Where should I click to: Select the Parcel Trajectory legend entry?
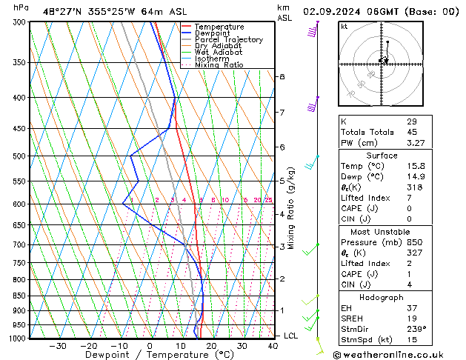(228, 40)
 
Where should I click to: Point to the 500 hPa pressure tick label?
(21, 156)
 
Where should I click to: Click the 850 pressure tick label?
(21, 296)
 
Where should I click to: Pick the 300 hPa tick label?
(21, 22)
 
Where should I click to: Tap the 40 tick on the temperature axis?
(273, 346)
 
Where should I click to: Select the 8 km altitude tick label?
(282, 77)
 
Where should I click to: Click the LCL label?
(292, 336)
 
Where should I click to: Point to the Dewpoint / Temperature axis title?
(149, 355)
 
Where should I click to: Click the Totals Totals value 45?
(412, 132)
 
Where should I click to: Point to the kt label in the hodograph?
(344, 27)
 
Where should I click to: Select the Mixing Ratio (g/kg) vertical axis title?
(292, 207)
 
